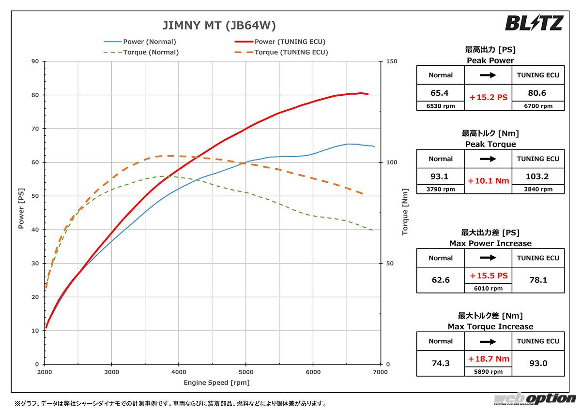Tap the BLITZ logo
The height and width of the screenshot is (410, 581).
(x=534, y=23)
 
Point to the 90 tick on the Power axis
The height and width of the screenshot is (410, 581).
(x=35, y=61)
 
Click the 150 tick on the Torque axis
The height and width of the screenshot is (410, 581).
(x=392, y=61)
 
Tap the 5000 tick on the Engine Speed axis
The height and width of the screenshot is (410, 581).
(x=245, y=372)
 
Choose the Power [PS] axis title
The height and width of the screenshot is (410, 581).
(x=21, y=213)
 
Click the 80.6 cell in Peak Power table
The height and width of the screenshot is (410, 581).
(x=538, y=92)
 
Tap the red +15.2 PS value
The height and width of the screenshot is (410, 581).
(x=488, y=97)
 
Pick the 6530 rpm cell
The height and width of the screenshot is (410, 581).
(x=441, y=106)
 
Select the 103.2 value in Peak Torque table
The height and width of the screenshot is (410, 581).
(x=538, y=176)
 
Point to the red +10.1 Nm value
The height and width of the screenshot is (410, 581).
(x=488, y=181)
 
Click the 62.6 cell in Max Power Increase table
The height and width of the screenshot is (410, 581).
(x=441, y=279)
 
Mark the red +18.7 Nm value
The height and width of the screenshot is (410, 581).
(x=488, y=359)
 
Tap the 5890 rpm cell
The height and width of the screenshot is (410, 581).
(x=488, y=372)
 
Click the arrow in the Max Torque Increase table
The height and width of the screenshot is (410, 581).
(x=488, y=341)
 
